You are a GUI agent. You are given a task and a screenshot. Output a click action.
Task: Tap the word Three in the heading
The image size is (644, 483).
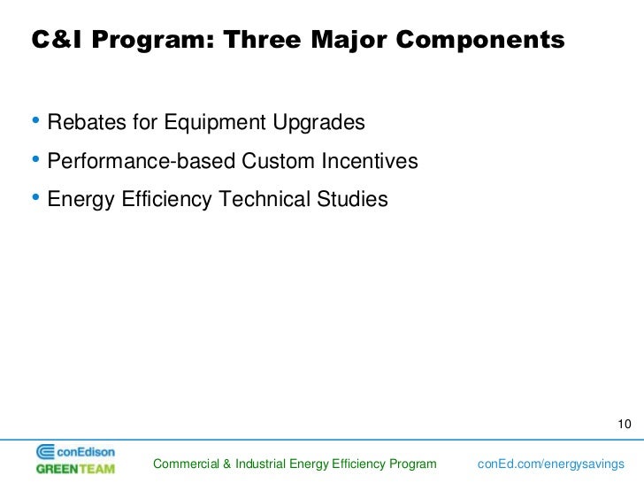tap(262, 40)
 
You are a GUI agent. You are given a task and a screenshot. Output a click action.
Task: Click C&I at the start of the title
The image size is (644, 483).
tap(57, 40)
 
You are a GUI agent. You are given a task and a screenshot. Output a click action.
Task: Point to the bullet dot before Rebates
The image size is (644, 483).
tap(35, 120)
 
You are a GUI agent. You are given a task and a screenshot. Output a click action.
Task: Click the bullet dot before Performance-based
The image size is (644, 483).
tap(35, 159)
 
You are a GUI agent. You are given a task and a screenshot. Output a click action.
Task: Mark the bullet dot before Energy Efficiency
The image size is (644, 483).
tap(35, 197)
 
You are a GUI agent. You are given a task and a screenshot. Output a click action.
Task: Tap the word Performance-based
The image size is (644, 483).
tap(141, 161)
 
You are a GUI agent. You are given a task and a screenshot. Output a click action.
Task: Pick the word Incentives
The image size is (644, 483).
tap(370, 161)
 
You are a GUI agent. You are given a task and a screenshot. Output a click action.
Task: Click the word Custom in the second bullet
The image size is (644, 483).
tap(278, 161)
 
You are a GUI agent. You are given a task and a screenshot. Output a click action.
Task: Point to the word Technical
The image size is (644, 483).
tap(264, 199)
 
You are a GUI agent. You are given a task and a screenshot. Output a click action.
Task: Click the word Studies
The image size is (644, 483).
tap(352, 199)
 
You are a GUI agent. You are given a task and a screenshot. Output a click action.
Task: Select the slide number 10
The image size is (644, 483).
tap(625, 424)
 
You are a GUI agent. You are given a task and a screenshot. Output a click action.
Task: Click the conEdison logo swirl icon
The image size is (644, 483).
tap(45, 452)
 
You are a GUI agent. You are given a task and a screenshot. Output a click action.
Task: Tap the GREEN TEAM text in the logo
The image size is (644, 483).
tap(75, 469)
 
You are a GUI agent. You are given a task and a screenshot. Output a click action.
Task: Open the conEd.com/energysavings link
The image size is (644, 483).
tap(551, 464)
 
